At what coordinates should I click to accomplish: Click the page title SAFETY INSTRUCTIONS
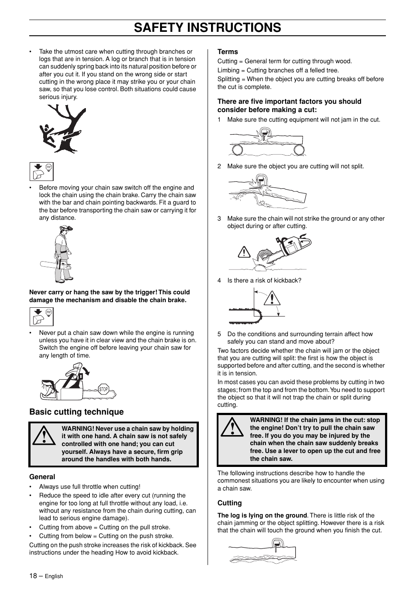tap(208, 27)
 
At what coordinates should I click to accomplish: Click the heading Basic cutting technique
tap(76, 412)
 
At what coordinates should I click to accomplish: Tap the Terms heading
tap(228, 51)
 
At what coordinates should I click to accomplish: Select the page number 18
tap(33, 576)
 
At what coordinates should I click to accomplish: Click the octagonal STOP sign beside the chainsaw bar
tap(103, 389)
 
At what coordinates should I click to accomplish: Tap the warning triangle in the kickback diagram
tap(273, 299)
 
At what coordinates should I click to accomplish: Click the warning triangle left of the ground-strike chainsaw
tap(244, 252)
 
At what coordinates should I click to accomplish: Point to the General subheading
tap(42, 477)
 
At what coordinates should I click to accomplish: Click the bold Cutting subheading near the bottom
tap(229, 503)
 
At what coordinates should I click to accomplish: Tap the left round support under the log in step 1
tap(237, 150)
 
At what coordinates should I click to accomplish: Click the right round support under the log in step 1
tap(299, 150)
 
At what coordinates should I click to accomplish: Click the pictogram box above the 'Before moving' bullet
tap(41, 171)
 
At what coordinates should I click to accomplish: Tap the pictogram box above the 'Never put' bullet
tap(41, 317)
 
